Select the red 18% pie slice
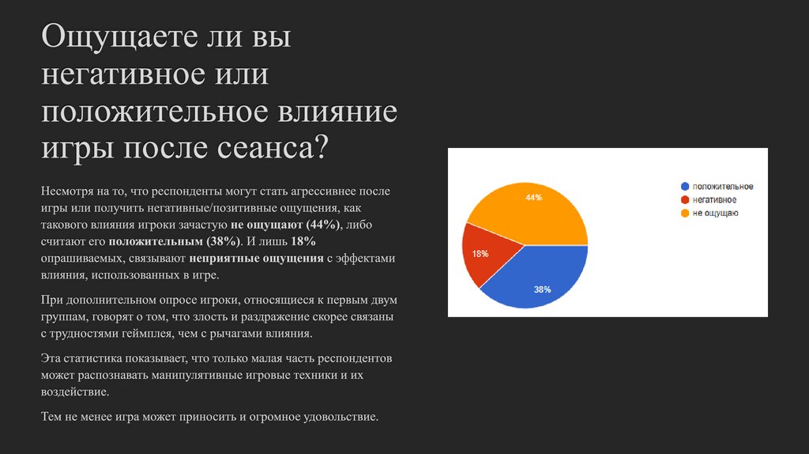(483, 257)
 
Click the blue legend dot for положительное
(685, 187)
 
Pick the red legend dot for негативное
(685, 200)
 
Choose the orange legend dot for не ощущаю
(685, 214)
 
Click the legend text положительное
(723, 187)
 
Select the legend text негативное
(715, 200)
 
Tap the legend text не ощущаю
(716, 214)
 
